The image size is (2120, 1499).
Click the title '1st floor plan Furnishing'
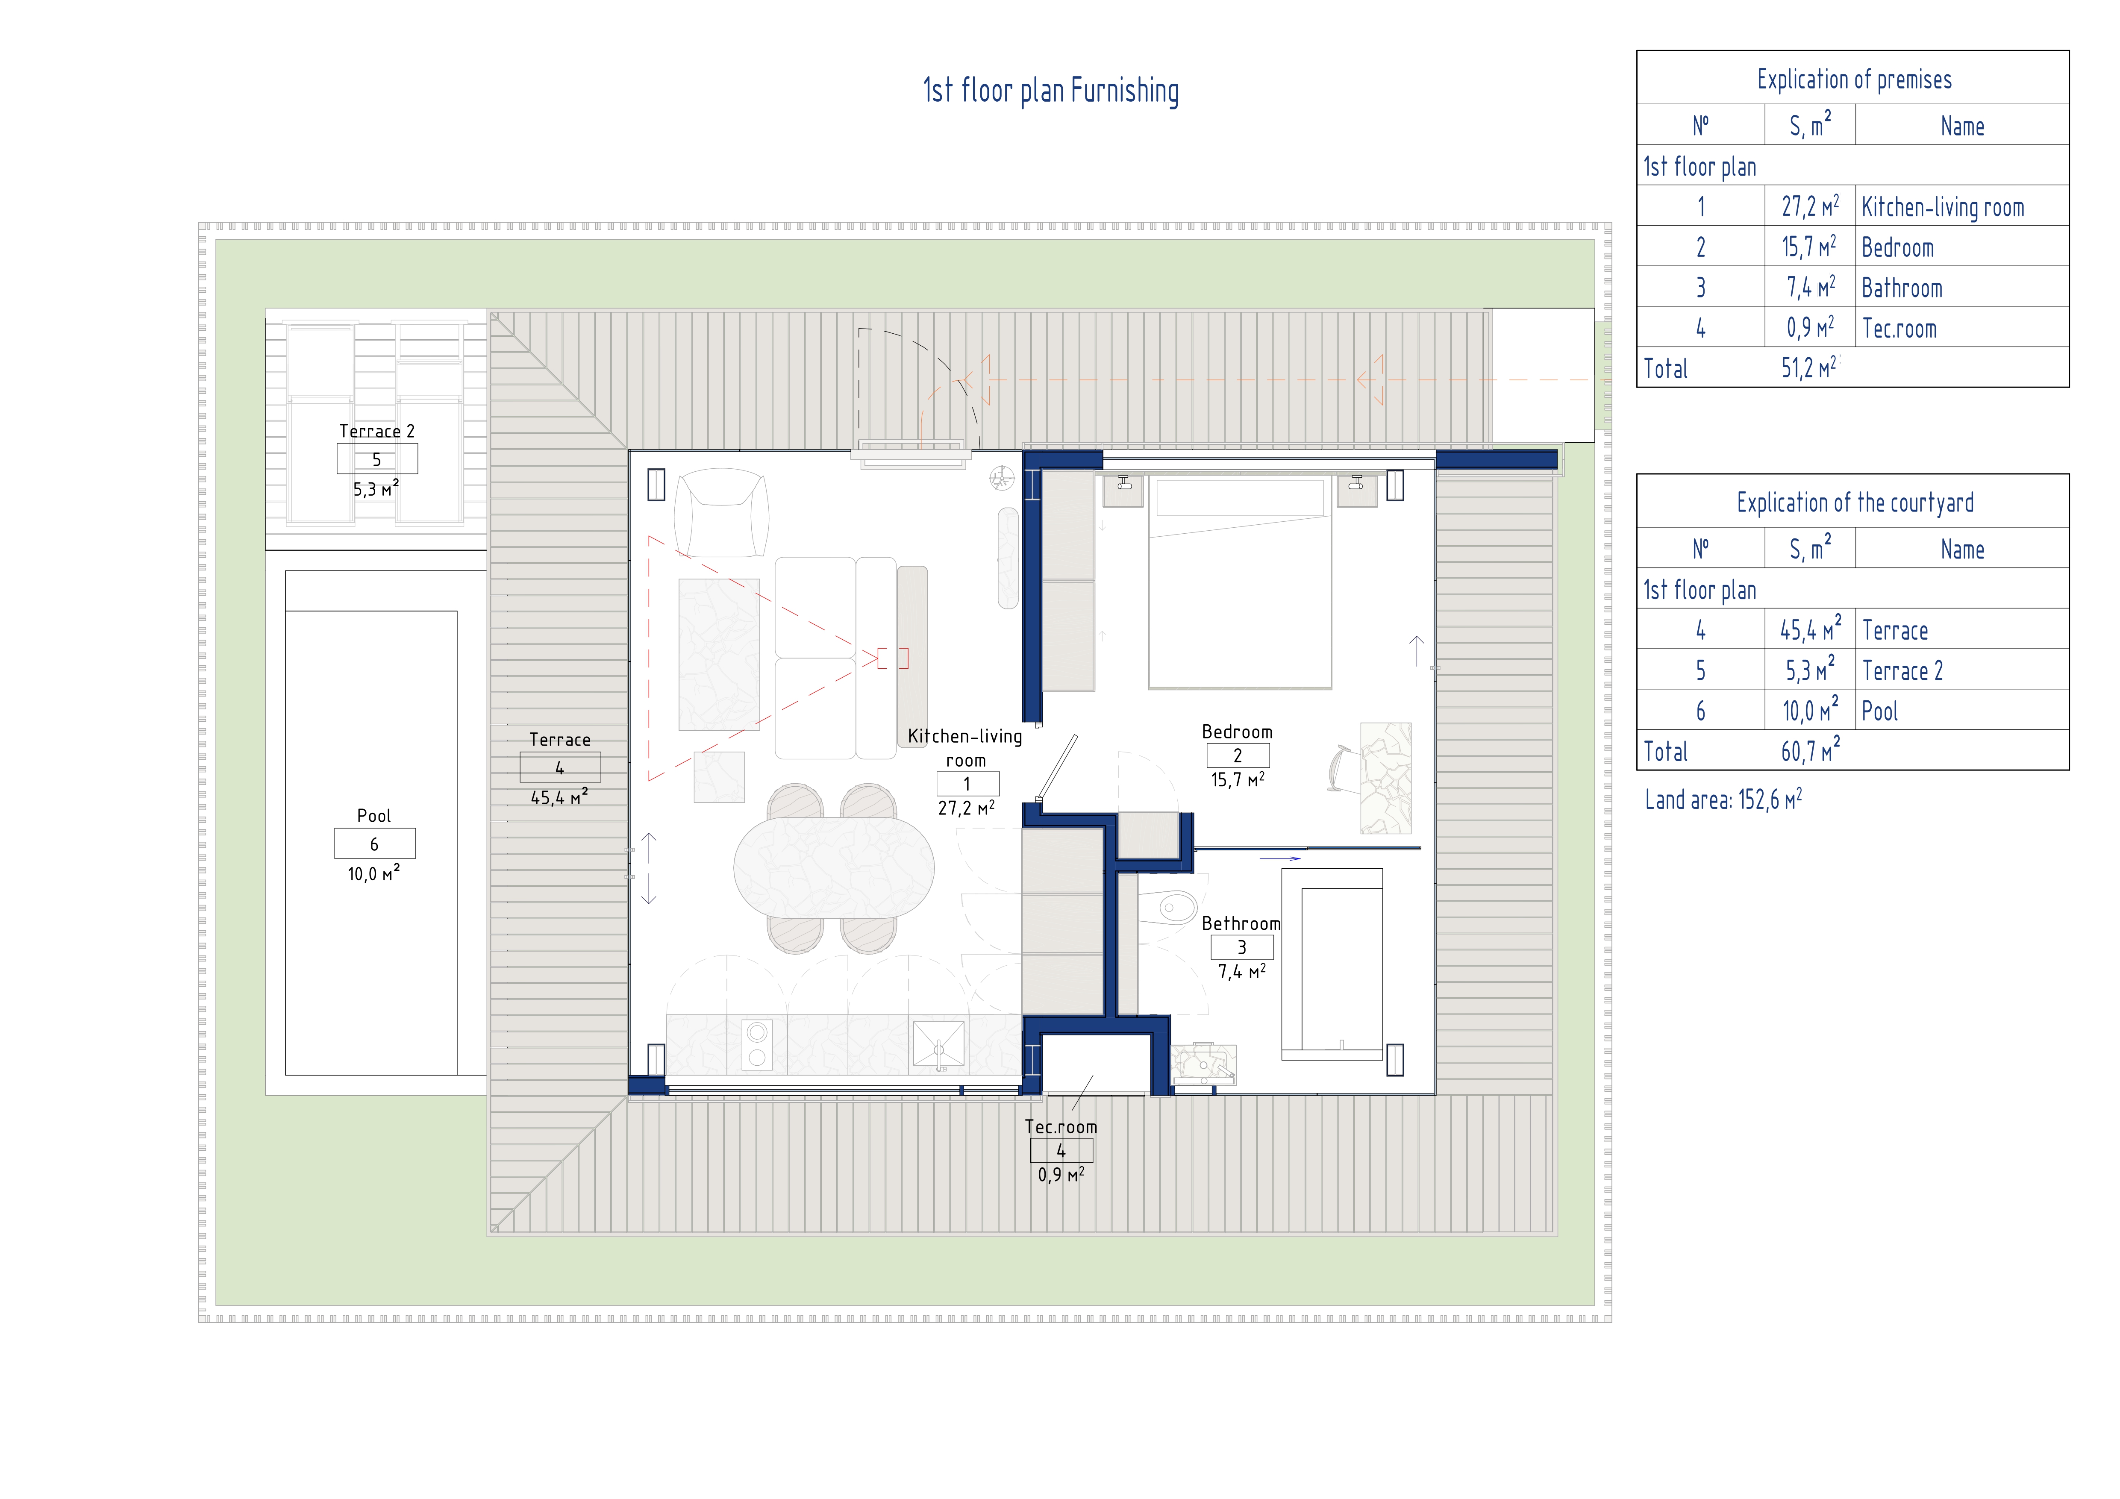pyautogui.click(x=1051, y=91)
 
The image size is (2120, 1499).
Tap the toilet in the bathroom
pyautogui.click(x=1168, y=907)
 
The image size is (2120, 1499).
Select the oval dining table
pyautogui.click(x=834, y=867)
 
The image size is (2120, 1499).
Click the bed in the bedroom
pyautogui.click(x=1240, y=583)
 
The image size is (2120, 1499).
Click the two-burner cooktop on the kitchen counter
pyautogui.click(x=757, y=1045)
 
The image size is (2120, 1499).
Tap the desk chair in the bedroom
pyautogui.click(x=1341, y=768)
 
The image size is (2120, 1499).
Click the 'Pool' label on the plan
pyautogui.click(x=374, y=816)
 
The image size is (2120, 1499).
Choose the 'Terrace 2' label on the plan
pyautogui.click(x=377, y=431)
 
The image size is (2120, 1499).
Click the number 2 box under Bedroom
pyautogui.click(x=1238, y=755)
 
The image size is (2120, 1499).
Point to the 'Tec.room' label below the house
pyautogui.click(x=1061, y=1127)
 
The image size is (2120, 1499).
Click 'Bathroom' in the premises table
pyautogui.click(x=1902, y=288)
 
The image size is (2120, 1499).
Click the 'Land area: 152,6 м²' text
pyautogui.click(x=1723, y=799)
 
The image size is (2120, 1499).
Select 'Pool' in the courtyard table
pyautogui.click(x=1880, y=711)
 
